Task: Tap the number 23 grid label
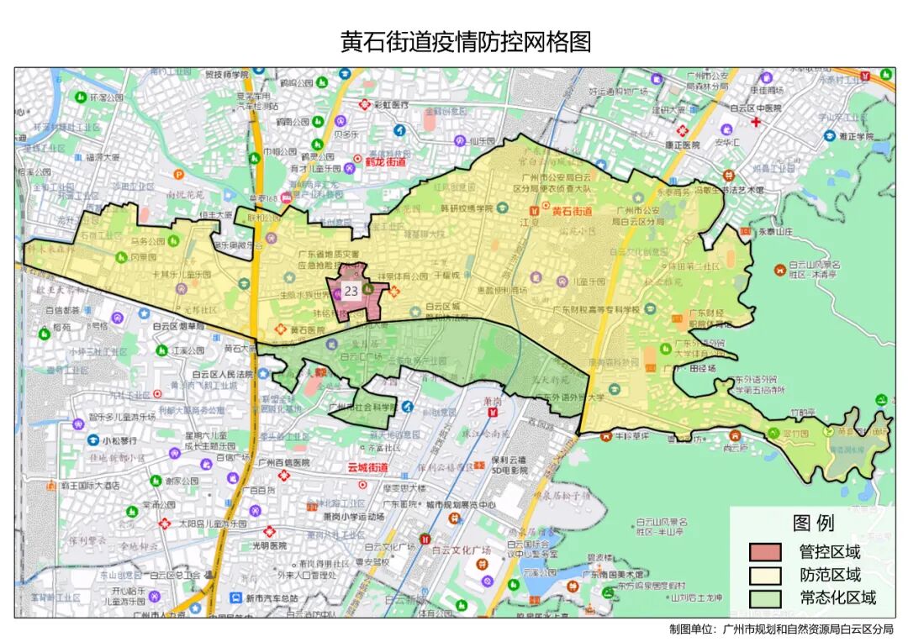[x=351, y=291]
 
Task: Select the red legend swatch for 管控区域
[x=765, y=552]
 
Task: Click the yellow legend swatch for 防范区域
[x=765, y=576]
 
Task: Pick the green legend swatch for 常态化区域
[x=765, y=598]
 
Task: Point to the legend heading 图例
[x=813, y=524]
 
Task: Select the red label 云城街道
[x=367, y=467]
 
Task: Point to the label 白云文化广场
[x=461, y=550]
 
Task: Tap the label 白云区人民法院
[x=223, y=375]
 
